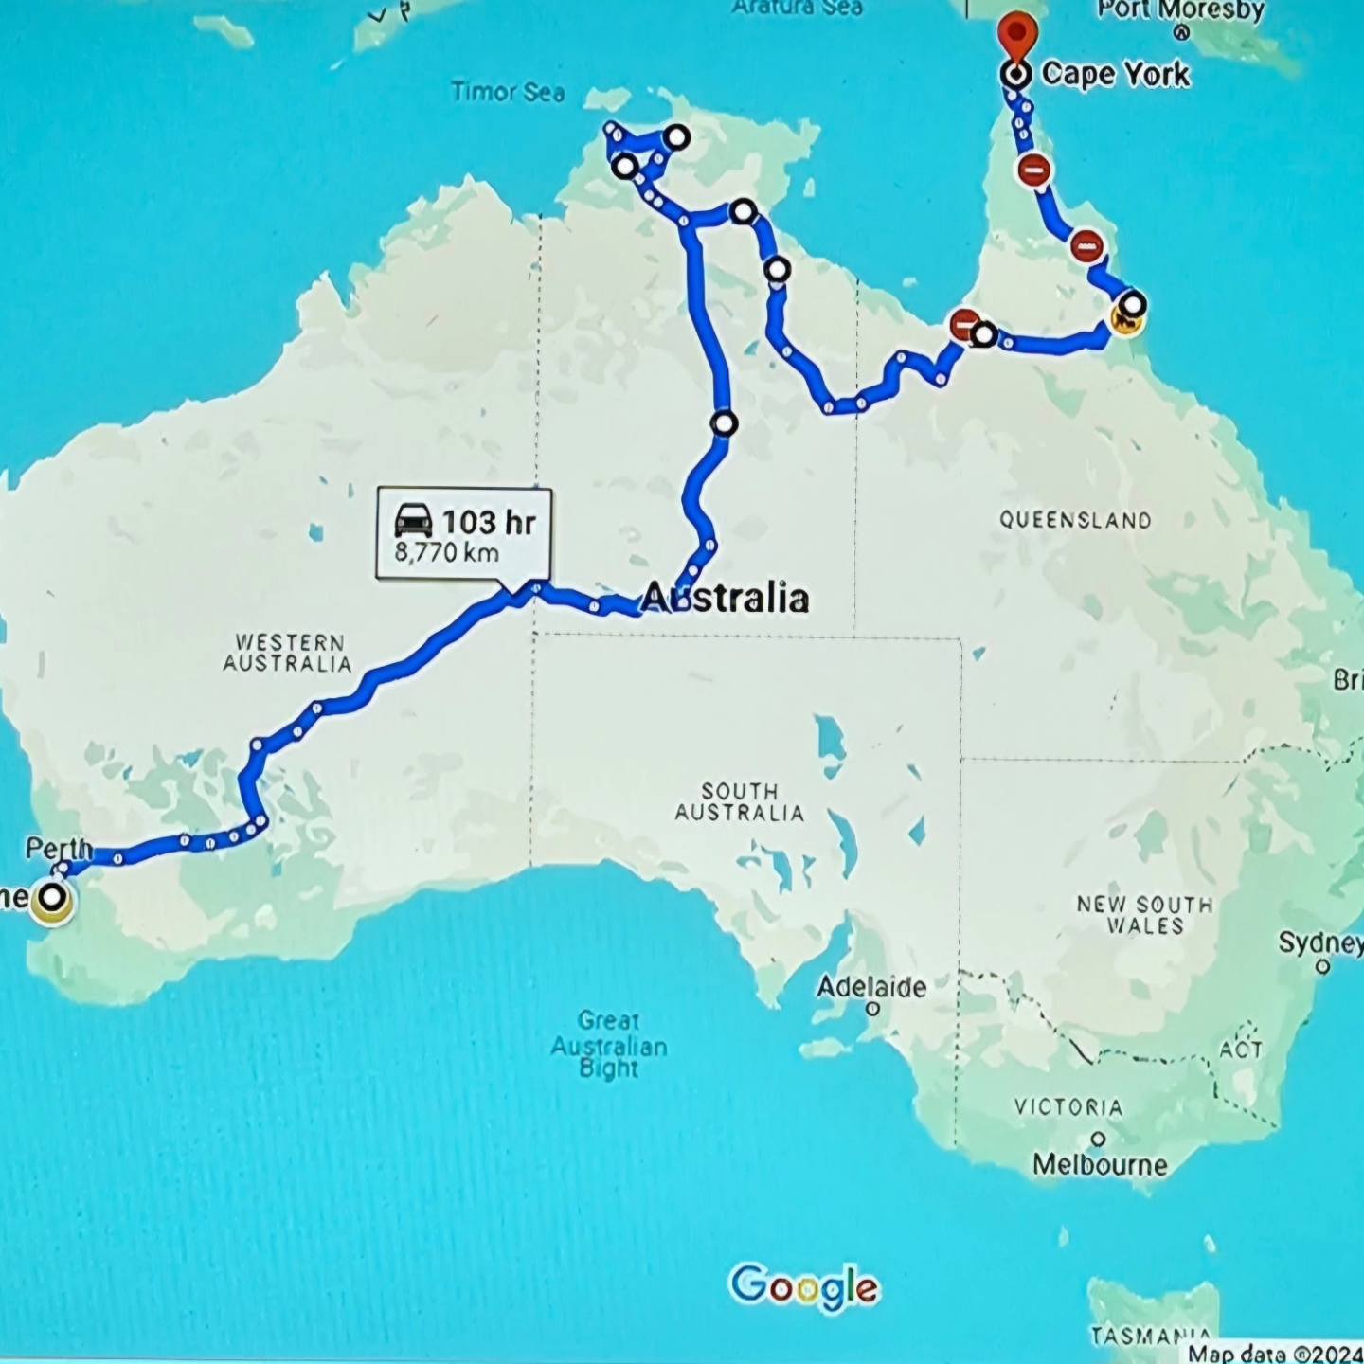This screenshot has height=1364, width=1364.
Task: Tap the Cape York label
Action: click(1115, 74)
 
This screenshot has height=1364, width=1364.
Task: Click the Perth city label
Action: click(59, 848)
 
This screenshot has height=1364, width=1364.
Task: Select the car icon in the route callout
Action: click(414, 521)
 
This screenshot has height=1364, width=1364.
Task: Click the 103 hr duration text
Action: click(489, 522)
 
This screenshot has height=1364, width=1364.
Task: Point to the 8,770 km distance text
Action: click(446, 552)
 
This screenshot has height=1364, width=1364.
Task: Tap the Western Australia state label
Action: click(288, 654)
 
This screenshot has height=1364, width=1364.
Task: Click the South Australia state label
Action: click(740, 801)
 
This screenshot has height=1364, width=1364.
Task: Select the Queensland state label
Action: click(1075, 520)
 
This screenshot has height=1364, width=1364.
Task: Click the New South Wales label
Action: click(1144, 915)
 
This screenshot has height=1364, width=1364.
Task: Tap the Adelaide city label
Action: click(871, 987)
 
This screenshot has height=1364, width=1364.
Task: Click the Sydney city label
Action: click(1320, 942)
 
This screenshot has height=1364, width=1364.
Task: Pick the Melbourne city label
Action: click(1100, 1164)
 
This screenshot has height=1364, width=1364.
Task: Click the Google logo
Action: click(804, 1287)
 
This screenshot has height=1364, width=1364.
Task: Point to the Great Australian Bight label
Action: click(609, 1045)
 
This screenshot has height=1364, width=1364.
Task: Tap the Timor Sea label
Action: click(508, 92)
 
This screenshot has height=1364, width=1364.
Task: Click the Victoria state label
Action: click(1068, 1107)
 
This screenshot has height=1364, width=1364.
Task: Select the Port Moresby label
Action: click(1180, 10)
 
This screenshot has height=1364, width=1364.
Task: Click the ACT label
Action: click(1240, 1050)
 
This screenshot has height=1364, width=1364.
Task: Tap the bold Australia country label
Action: click(726, 598)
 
